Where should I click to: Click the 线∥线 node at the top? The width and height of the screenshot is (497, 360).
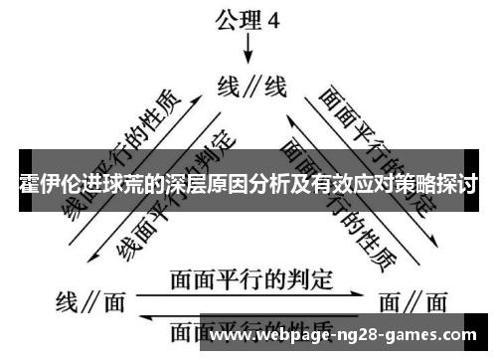pyautogui.click(x=251, y=88)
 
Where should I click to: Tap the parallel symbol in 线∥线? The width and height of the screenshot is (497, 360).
pyautogui.click(x=251, y=88)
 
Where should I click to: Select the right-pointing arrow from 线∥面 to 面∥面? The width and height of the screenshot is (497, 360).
pyautogui.click(x=250, y=294)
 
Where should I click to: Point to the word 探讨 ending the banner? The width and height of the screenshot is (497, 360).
pyautogui.click(x=459, y=183)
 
